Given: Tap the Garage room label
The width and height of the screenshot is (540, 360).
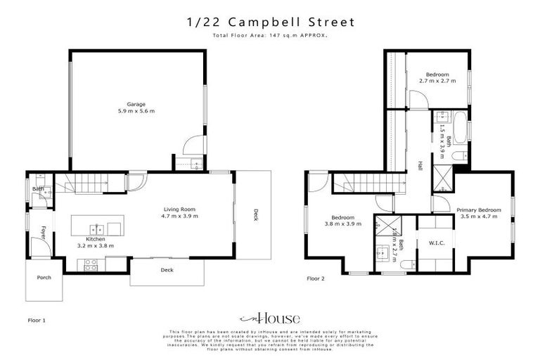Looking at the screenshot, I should tap(136, 104).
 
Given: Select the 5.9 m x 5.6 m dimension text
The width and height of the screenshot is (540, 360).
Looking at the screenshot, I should tap(136, 111).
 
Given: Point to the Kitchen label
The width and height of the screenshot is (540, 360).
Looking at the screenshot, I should tap(95, 239).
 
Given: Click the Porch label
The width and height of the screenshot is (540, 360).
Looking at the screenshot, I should tap(44, 277).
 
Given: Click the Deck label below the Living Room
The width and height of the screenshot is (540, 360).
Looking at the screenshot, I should tap(167, 270).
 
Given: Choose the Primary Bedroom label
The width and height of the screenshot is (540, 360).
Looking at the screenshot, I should tap(478, 210).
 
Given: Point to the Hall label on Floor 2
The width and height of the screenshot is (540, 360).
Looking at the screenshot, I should tap(420, 165).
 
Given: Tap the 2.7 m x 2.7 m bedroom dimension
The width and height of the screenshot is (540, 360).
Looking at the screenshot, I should tap(437, 81).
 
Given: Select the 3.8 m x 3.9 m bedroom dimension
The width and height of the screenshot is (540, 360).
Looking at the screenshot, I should tap(343, 224).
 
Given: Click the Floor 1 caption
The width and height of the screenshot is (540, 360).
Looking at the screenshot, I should tap(36, 320).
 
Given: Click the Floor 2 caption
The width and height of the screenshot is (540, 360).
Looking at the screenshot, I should tap(316, 278).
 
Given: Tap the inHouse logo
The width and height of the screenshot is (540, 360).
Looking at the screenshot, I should tap(270, 318).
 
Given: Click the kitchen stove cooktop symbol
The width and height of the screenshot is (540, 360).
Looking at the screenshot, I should tap(91, 264).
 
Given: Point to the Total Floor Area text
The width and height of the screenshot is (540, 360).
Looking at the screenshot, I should tap(270, 35).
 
